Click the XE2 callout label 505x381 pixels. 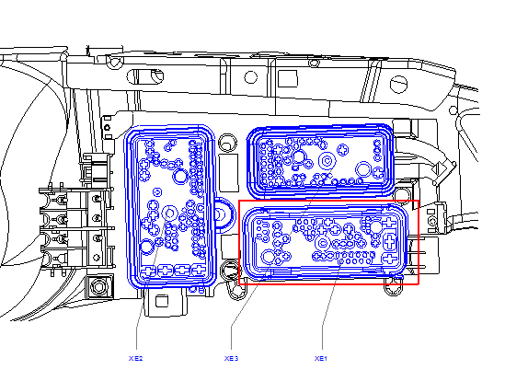(x=135, y=358)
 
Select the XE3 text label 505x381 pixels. (x=231, y=358)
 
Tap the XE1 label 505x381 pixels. (x=321, y=358)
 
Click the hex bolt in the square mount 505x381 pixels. (x=98, y=286)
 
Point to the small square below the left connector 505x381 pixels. (x=162, y=301)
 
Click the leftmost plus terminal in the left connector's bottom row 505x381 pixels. (x=149, y=271)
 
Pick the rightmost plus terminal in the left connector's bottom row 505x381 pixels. (x=199, y=270)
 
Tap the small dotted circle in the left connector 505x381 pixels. (x=157, y=192)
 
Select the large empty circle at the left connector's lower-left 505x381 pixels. (x=147, y=247)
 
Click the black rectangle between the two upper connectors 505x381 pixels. (x=228, y=172)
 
